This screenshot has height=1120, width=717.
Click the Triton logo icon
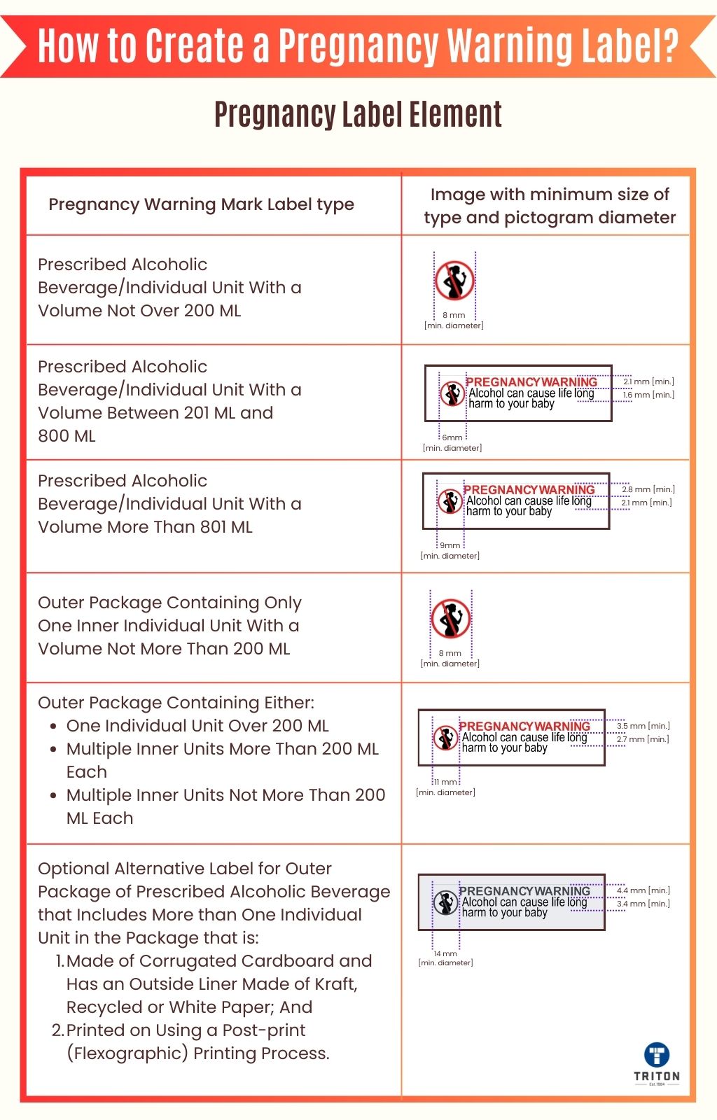tap(656, 1055)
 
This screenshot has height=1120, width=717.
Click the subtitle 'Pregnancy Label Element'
tap(358, 115)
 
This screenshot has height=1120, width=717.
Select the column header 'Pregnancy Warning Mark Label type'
tap(201, 204)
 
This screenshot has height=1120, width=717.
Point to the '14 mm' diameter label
tap(445, 953)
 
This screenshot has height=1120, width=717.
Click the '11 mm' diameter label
tap(445, 782)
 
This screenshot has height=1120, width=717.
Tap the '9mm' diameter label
tap(450, 545)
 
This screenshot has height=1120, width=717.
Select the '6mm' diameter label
tap(452, 437)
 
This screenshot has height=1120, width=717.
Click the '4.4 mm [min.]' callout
tap(643, 890)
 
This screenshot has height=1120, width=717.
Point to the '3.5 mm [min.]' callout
tap(643, 726)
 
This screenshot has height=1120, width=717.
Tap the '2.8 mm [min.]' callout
tap(648, 489)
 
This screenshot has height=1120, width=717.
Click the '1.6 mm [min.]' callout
tap(648, 395)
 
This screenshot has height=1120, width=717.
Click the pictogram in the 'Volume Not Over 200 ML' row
tap(454, 281)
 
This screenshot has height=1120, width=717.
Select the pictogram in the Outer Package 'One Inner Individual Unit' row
tap(450, 619)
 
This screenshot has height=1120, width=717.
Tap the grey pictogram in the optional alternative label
tap(445, 903)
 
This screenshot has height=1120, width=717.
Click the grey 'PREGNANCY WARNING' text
tap(524, 891)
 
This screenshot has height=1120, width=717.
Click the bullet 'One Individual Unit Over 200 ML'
tap(197, 726)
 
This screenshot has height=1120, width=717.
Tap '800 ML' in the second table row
tap(67, 436)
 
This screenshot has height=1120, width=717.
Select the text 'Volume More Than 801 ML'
tap(145, 527)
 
